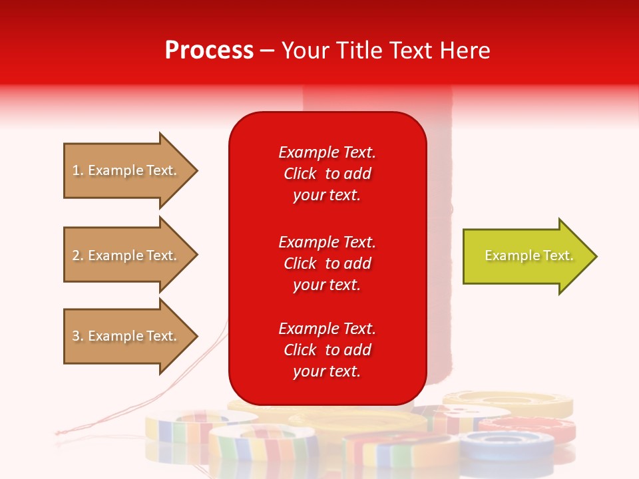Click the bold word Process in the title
click(x=209, y=51)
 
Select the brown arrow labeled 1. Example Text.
click(x=126, y=170)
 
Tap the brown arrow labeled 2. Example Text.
click(x=126, y=255)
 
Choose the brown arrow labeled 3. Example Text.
click(x=126, y=336)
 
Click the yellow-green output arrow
click(x=526, y=256)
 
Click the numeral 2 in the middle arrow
click(x=76, y=255)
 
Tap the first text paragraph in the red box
click(x=327, y=174)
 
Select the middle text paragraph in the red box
click(x=327, y=263)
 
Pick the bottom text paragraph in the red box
click(x=327, y=350)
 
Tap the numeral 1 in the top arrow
click(x=76, y=170)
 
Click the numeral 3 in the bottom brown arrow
click(x=76, y=336)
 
